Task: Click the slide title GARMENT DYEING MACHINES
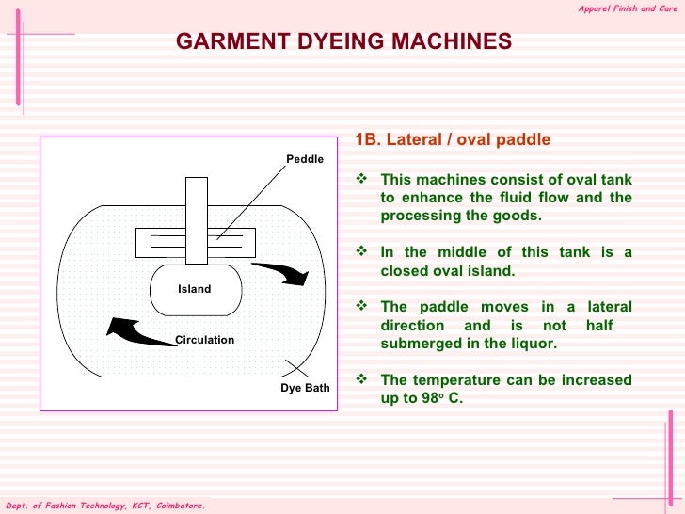[x=344, y=41]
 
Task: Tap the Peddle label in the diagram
[x=305, y=159]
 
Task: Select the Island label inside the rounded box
[x=195, y=289]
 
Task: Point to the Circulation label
[x=204, y=340]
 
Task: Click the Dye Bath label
[x=305, y=388]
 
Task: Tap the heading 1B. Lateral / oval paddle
[x=452, y=140]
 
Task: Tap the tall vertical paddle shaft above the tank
[x=197, y=220]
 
